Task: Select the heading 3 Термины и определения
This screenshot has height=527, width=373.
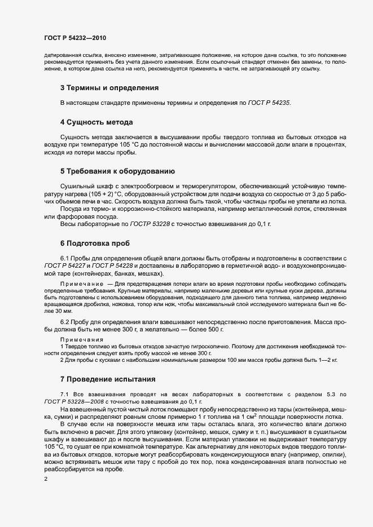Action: [x=109, y=88]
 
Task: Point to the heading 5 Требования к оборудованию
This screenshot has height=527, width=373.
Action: [x=117, y=171]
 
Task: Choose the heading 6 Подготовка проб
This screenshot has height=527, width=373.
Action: [x=95, y=243]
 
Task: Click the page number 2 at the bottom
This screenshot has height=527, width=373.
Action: [x=46, y=479]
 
